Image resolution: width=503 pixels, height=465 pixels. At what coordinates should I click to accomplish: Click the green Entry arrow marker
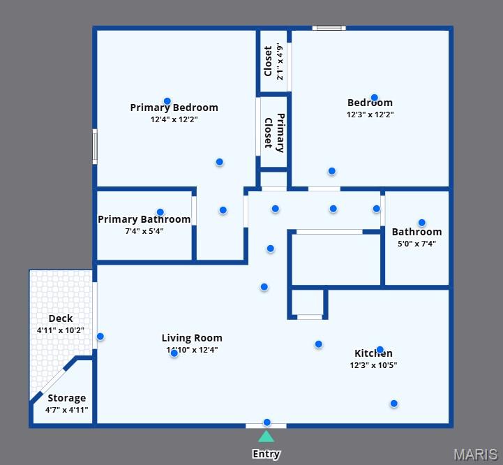pos(266,437)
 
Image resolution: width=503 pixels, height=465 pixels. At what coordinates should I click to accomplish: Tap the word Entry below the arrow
pos(266,454)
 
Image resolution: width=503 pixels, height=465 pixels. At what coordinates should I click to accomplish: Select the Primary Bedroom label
pos(174,108)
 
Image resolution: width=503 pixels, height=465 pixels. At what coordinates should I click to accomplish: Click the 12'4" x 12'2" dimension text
pos(174,120)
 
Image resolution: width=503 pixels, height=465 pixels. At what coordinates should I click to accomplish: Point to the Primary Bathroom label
pos(144,219)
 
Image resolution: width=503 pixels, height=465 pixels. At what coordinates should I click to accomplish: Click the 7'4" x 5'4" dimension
pos(144,231)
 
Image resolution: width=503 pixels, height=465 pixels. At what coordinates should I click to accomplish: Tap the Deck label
pos(61,318)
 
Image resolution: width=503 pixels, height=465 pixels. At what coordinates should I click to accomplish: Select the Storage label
pos(66,398)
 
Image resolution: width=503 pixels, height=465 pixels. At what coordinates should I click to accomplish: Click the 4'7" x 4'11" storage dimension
pos(66,410)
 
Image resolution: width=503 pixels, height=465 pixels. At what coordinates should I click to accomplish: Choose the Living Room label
pos(192,338)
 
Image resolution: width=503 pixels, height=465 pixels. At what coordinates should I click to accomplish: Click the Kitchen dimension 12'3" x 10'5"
pos(376,365)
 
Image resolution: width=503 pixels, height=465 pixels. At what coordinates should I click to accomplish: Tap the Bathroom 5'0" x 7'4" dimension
pos(416,244)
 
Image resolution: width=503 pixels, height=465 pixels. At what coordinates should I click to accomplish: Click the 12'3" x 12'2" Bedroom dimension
pos(370,115)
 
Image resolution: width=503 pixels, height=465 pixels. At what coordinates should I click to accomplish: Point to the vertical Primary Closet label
pos(273,133)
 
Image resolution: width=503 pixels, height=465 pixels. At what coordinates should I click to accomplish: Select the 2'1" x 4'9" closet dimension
pos(280,61)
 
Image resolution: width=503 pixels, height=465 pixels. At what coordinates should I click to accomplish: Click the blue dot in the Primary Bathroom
pos(160,212)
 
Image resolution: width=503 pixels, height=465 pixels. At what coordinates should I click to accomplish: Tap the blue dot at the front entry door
pos(266,422)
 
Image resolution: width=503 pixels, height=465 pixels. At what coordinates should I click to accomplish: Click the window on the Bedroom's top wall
pos(329,28)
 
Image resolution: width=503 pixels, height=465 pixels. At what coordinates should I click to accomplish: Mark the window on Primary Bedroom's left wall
pos(95,147)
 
